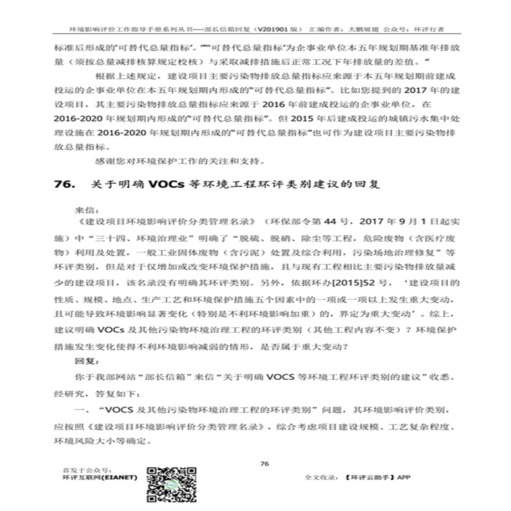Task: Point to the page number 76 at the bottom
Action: [x=263, y=463]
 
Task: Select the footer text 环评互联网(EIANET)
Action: [x=99, y=478]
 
